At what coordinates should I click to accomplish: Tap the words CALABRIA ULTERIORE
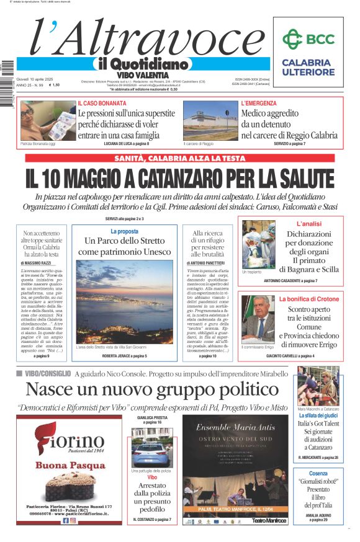pyautogui.click(x=307, y=67)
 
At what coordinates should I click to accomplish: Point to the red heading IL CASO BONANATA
pyautogui.click(x=101, y=103)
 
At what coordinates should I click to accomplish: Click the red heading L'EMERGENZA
pyautogui.click(x=259, y=103)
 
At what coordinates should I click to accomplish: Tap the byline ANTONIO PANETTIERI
pyautogui.click(x=208, y=263)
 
